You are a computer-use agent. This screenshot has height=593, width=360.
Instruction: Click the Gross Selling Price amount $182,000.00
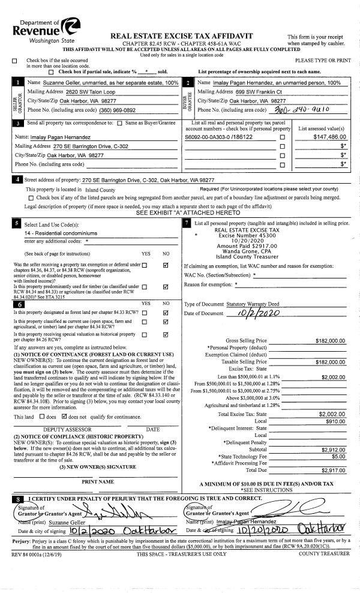(329, 340)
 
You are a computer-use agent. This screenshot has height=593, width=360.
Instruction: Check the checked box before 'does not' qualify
(64, 399)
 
